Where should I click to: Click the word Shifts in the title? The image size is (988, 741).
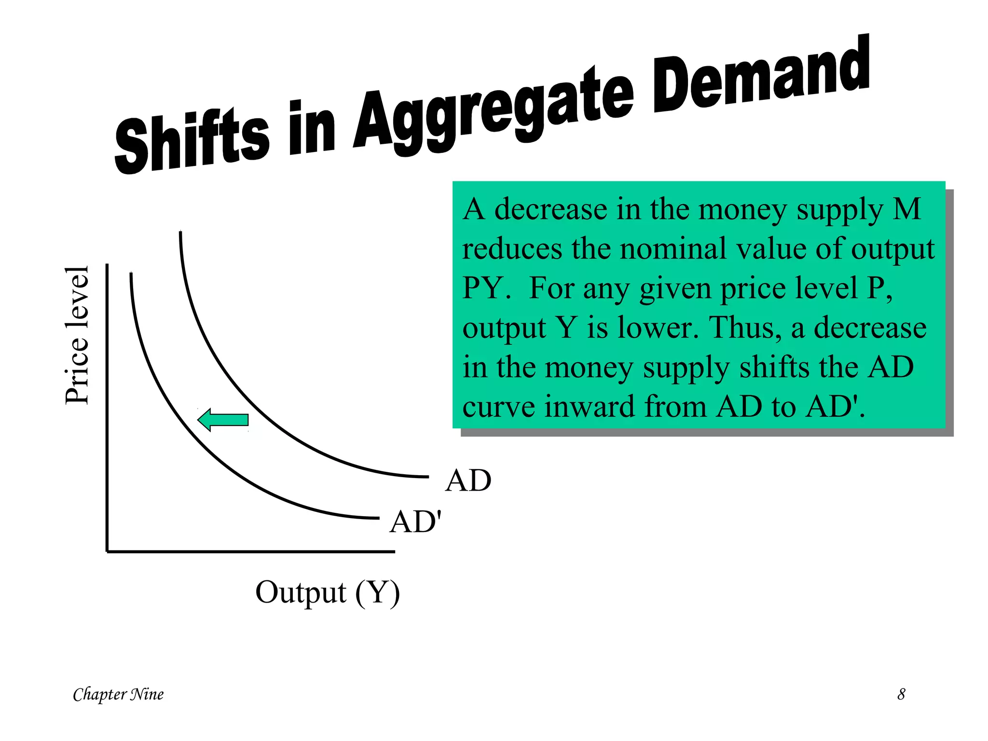point(192,140)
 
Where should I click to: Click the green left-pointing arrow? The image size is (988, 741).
point(223,420)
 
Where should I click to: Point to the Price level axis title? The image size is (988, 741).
point(77,335)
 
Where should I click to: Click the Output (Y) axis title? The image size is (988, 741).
point(328,592)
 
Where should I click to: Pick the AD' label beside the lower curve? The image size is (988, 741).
point(415,522)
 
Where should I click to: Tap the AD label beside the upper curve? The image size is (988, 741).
point(468,480)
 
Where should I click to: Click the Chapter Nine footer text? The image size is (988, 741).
point(118,694)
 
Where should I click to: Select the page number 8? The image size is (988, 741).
point(901,694)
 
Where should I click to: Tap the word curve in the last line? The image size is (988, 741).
point(499,407)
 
